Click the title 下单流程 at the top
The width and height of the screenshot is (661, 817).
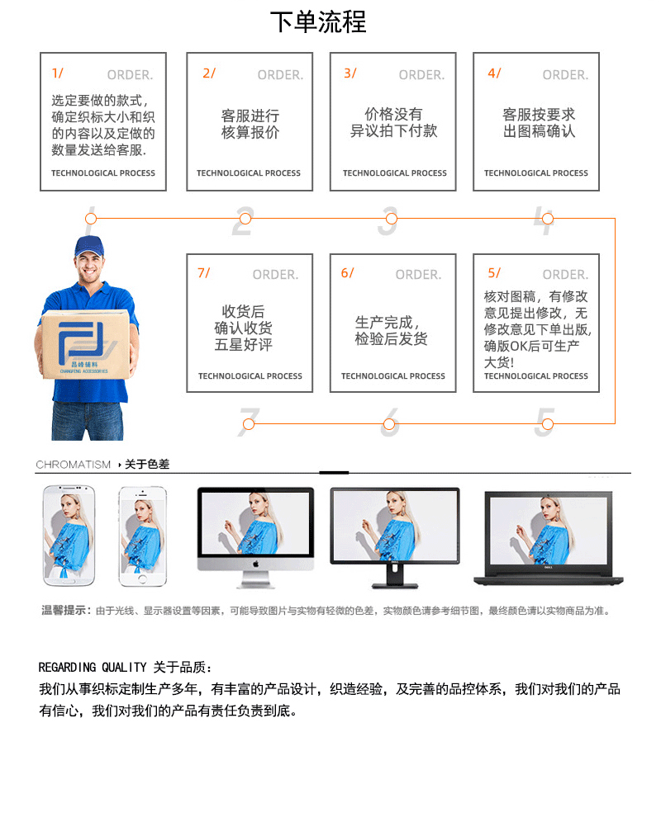click(x=318, y=22)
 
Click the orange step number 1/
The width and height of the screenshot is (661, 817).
click(x=57, y=73)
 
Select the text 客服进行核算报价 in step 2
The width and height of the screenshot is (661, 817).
click(x=250, y=124)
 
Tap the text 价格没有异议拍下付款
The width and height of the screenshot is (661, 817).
click(x=393, y=122)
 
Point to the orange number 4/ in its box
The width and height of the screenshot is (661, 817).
click(x=494, y=73)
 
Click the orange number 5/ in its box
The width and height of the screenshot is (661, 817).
click(x=494, y=273)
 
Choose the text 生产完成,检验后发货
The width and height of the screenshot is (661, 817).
click(x=392, y=331)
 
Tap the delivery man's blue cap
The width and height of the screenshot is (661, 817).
click(x=88, y=246)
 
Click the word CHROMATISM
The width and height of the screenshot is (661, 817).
click(x=73, y=465)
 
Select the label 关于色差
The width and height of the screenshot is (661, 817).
click(x=147, y=465)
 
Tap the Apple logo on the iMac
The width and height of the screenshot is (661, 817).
click(x=255, y=562)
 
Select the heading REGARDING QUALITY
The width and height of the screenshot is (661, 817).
click(x=93, y=667)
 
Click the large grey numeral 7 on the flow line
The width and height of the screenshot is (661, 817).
click(x=249, y=421)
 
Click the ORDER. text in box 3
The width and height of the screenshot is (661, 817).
click(x=421, y=75)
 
